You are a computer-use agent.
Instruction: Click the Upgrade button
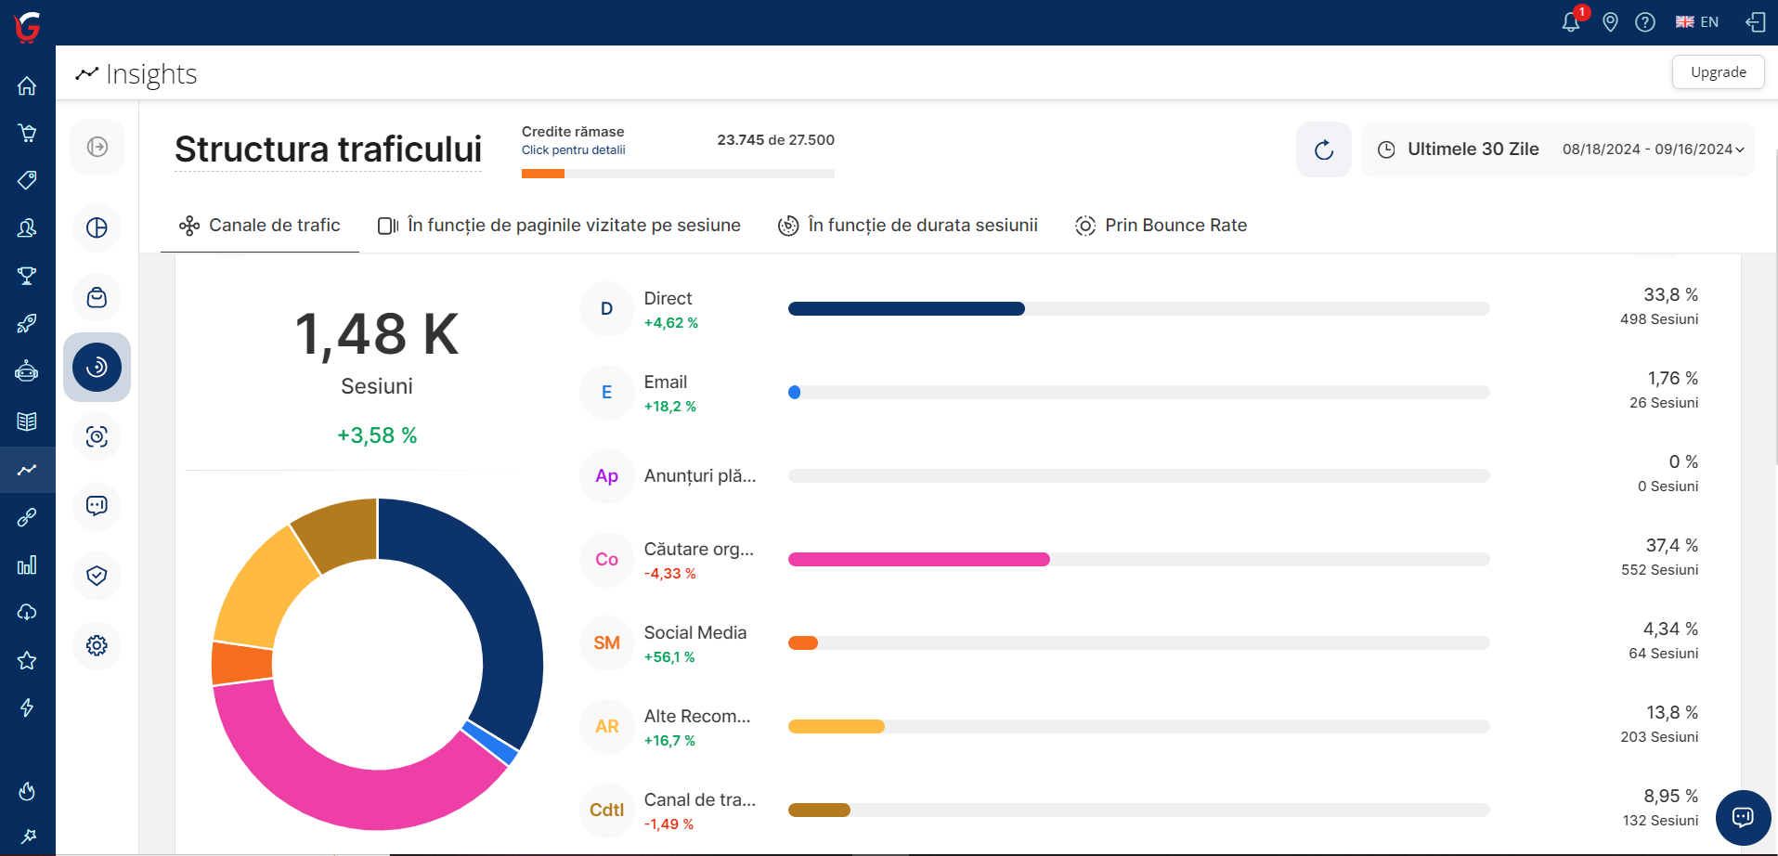pos(1718,72)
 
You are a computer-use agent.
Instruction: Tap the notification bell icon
pos(1570,22)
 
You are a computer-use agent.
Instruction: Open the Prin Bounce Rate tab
pos(1161,226)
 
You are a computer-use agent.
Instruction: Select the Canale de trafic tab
pos(260,226)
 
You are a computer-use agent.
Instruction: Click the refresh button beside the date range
pos(1324,149)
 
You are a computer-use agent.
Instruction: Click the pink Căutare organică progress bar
pos(918,559)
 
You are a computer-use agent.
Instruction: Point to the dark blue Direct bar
pos(906,308)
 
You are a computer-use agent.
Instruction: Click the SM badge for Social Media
pos(606,642)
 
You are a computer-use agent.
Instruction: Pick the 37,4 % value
pos(1671,545)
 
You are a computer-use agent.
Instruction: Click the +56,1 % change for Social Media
pos(669,657)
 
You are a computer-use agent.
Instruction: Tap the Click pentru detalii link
pos(573,150)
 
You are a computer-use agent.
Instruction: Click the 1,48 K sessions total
pos(376,334)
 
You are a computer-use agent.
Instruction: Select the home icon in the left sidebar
pos(27,86)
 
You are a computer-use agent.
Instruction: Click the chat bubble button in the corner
pos(1743,817)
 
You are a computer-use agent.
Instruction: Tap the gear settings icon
pos(97,645)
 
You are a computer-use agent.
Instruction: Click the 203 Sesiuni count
pos(1659,737)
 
